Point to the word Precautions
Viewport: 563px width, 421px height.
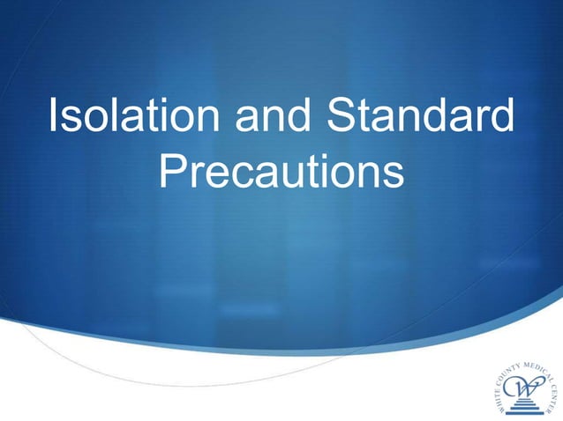(x=282, y=174)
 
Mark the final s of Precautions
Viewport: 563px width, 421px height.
(x=394, y=176)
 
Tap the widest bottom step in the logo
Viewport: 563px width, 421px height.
(x=523, y=412)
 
